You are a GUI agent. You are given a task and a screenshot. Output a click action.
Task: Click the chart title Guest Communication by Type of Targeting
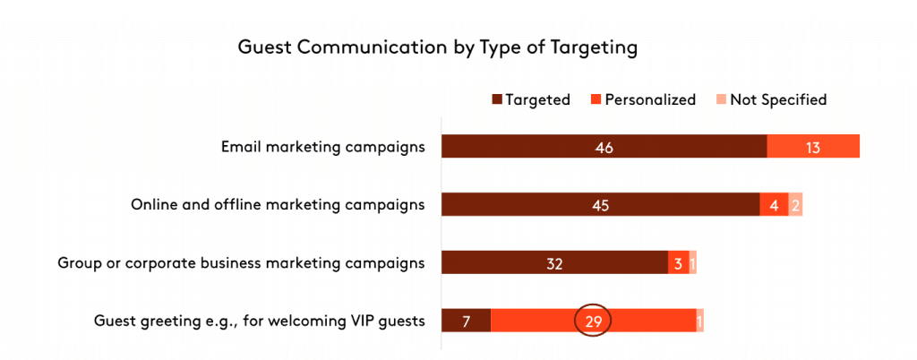[x=437, y=47]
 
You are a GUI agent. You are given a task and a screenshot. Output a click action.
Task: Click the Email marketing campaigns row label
[x=322, y=147]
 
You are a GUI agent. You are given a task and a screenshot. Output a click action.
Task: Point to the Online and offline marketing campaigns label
[x=277, y=205]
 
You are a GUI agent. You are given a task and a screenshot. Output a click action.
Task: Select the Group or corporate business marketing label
[x=241, y=262]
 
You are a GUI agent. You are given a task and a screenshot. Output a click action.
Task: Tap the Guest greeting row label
[x=259, y=320]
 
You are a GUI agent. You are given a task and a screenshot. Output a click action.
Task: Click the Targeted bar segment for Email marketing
[x=604, y=147]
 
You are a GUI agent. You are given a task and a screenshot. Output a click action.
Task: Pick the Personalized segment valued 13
[x=813, y=147]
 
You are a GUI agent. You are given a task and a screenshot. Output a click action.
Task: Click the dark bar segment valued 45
[x=600, y=205]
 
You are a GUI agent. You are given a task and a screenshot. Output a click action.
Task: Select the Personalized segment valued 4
[x=774, y=205]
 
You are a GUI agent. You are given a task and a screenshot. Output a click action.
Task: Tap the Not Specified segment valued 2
[x=795, y=205]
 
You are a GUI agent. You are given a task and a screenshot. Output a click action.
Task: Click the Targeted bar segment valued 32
[x=554, y=262]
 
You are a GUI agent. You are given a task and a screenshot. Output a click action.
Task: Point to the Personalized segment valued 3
[x=679, y=262]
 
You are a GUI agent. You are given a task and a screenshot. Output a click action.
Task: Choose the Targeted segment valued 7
[x=466, y=320]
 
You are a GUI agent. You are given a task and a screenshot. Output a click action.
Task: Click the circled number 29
[x=592, y=320]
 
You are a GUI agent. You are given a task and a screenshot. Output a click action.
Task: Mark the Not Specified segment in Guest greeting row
[x=699, y=320]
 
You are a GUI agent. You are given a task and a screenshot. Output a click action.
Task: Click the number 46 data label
[x=604, y=147]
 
